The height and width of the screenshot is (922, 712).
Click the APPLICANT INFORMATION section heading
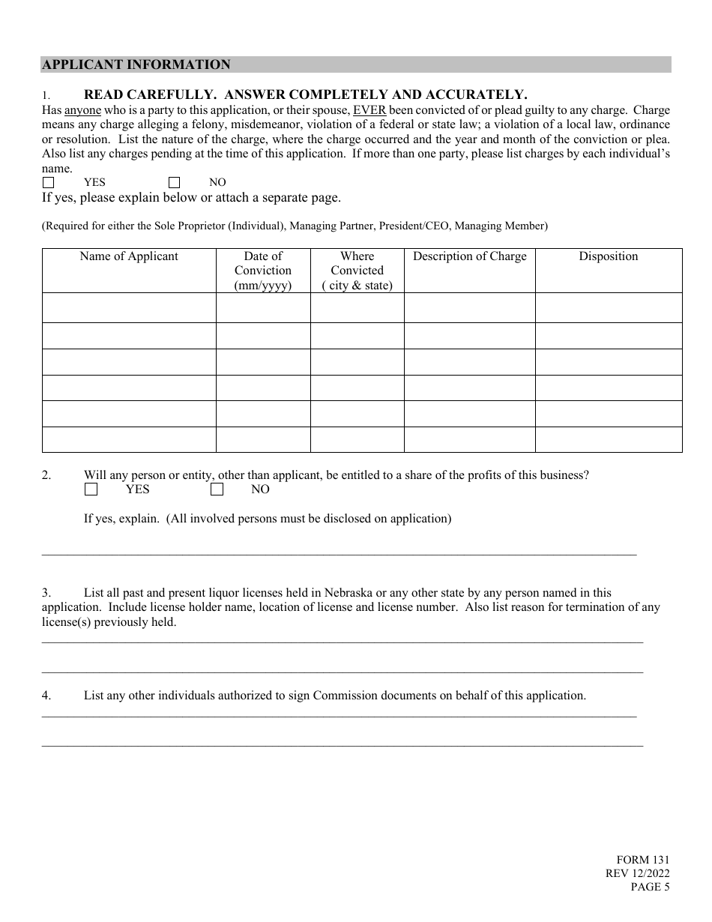[136, 64]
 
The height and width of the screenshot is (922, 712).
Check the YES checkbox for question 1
[49, 182]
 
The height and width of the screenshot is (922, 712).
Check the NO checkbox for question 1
[175, 182]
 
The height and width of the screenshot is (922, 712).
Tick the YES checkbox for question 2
[91, 489]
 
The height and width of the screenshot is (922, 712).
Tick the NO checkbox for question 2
[217, 489]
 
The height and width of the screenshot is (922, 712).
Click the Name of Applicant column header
[129, 256]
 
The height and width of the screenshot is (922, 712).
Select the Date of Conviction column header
[263, 270]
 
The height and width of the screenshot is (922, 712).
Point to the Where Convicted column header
[357, 270]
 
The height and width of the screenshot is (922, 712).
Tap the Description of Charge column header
[470, 256]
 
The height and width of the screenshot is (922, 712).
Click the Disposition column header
[608, 256]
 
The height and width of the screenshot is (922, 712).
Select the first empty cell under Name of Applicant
[129, 307]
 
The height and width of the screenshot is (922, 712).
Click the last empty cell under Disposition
[608, 439]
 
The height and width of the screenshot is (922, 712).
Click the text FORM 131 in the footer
[642, 861]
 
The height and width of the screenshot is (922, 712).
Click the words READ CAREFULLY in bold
[150, 94]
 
